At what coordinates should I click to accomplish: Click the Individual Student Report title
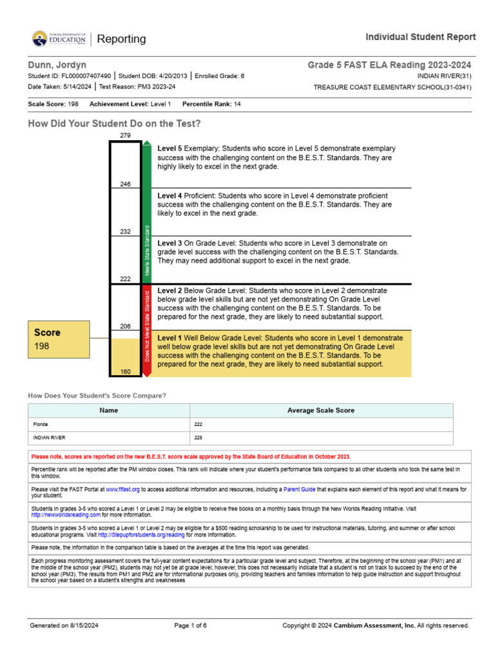[x=421, y=37]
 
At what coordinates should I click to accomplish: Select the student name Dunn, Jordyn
[x=57, y=65]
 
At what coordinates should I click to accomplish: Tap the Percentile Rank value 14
[x=237, y=104]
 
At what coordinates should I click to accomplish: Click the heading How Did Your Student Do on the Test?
[x=114, y=123]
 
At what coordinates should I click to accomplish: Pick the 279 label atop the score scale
[x=125, y=135]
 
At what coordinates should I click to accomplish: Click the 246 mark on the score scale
[x=125, y=184]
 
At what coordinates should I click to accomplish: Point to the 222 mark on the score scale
[x=125, y=279]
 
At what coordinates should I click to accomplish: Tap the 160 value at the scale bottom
[x=125, y=372]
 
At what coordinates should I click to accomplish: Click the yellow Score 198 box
[x=59, y=340]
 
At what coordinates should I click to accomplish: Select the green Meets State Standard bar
[x=147, y=213]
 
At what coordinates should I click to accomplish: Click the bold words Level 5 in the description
[x=170, y=148]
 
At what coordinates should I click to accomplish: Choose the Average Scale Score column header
[x=320, y=411]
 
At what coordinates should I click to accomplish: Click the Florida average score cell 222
[x=199, y=424]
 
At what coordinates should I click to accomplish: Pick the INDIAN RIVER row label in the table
[x=50, y=437]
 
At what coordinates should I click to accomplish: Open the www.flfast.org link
[x=122, y=490]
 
